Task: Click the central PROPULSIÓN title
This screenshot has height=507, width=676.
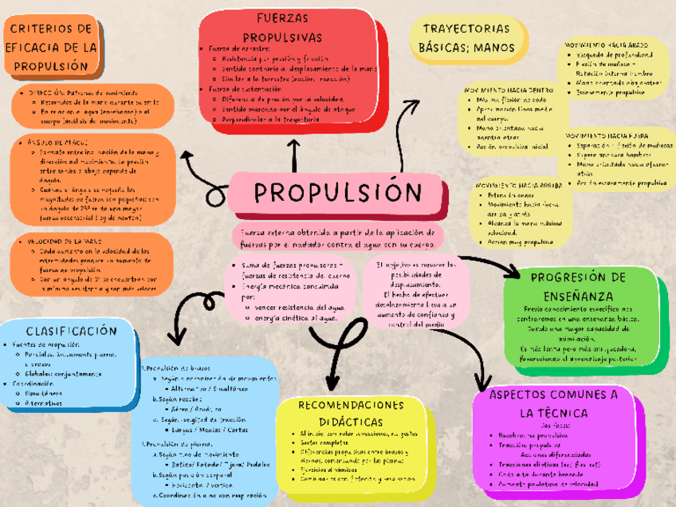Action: point(337,193)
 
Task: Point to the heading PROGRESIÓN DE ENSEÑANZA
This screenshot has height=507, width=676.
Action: point(578,285)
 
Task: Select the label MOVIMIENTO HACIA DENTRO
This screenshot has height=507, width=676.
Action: point(508,90)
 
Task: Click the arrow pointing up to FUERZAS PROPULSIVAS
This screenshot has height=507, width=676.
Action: point(295,147)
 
